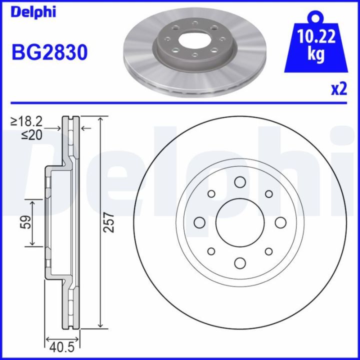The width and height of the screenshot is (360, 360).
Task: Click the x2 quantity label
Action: point(338,89)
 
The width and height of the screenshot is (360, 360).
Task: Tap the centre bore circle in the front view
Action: point(239,222)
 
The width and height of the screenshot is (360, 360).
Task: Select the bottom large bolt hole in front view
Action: point(239,263)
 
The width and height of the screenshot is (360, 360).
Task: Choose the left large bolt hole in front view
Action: point(199,222)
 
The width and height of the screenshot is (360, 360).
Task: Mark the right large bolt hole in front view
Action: point(280,222)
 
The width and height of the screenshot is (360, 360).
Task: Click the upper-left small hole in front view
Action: point(211,193)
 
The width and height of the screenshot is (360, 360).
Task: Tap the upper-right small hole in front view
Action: point(268,193)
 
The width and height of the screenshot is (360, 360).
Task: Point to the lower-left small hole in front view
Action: point(211,251)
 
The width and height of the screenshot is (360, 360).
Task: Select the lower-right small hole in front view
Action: point(268,251)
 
